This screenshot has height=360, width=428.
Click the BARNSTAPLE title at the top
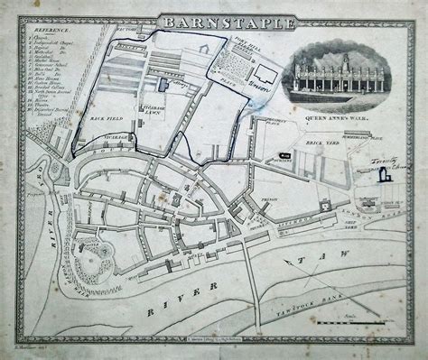click(x=214, y=19)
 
